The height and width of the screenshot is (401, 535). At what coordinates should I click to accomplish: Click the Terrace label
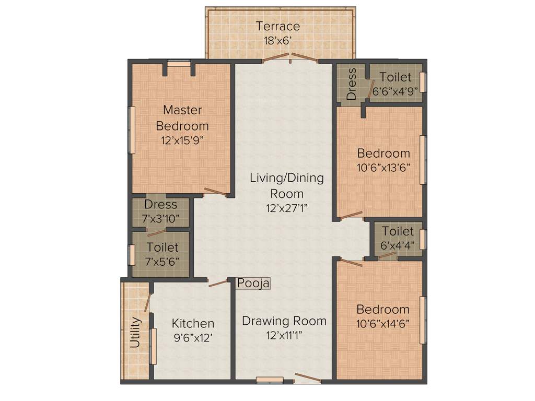(277, 26)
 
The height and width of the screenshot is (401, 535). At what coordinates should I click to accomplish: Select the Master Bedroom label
(182, 118)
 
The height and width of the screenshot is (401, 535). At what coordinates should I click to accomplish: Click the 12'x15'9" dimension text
(182, 140)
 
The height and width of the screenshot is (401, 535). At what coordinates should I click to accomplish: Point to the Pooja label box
(253, 284)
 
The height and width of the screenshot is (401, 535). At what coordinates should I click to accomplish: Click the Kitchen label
(193, 324)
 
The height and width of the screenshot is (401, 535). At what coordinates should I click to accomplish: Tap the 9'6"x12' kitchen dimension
(193, 338)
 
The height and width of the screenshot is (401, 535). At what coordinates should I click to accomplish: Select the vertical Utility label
(135, 332)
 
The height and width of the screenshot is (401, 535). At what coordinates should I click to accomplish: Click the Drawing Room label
(284, 321)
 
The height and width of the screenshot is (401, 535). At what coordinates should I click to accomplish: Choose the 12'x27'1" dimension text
(286, 207)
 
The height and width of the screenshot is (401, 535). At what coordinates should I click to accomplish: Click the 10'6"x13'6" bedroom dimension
(383, 168)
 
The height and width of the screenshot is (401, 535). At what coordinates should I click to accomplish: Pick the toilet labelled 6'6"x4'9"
(396, 83)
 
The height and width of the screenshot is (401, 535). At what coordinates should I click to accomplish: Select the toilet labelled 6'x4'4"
(397, 237)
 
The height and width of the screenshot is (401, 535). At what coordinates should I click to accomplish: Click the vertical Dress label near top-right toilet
(352, 84)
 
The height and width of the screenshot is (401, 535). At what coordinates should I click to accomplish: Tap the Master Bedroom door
(215, 192)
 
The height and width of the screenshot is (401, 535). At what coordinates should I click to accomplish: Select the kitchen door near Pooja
(218, 284)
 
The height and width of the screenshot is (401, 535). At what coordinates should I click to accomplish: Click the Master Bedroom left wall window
(132, 130)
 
